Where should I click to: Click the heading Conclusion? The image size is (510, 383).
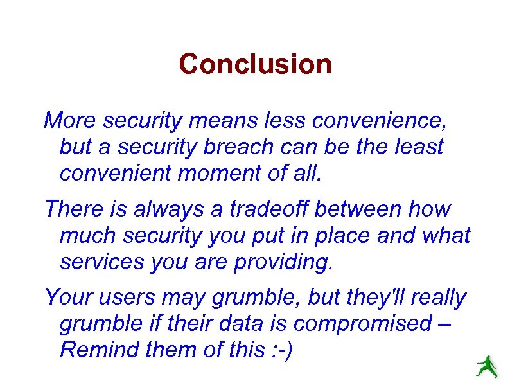point(255,64)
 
